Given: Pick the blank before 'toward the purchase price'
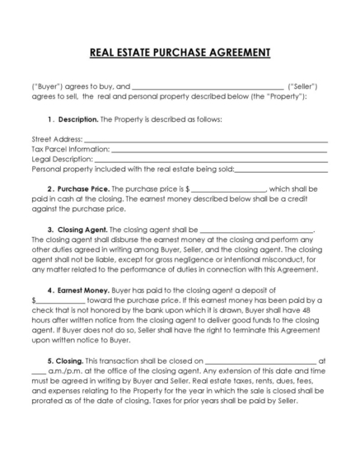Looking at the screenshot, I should point(60,300).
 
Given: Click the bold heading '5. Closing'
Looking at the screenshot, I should point(66,360).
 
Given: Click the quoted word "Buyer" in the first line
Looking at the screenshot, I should point(47,86).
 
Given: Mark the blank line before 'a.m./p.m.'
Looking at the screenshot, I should point(40,372).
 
